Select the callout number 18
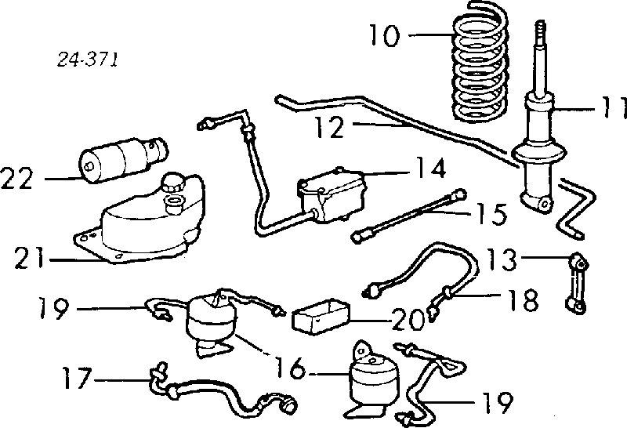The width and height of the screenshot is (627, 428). click(522, 299)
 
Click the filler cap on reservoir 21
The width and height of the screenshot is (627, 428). click(171, 186)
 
